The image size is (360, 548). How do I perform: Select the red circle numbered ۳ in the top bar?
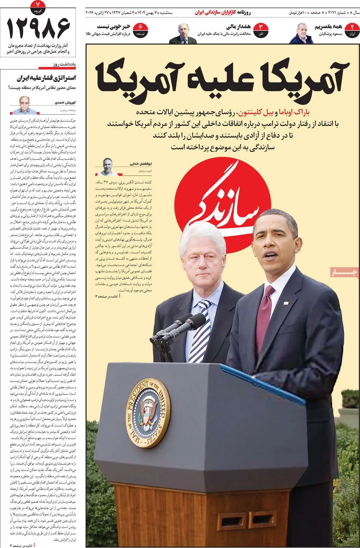point(261,31)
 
